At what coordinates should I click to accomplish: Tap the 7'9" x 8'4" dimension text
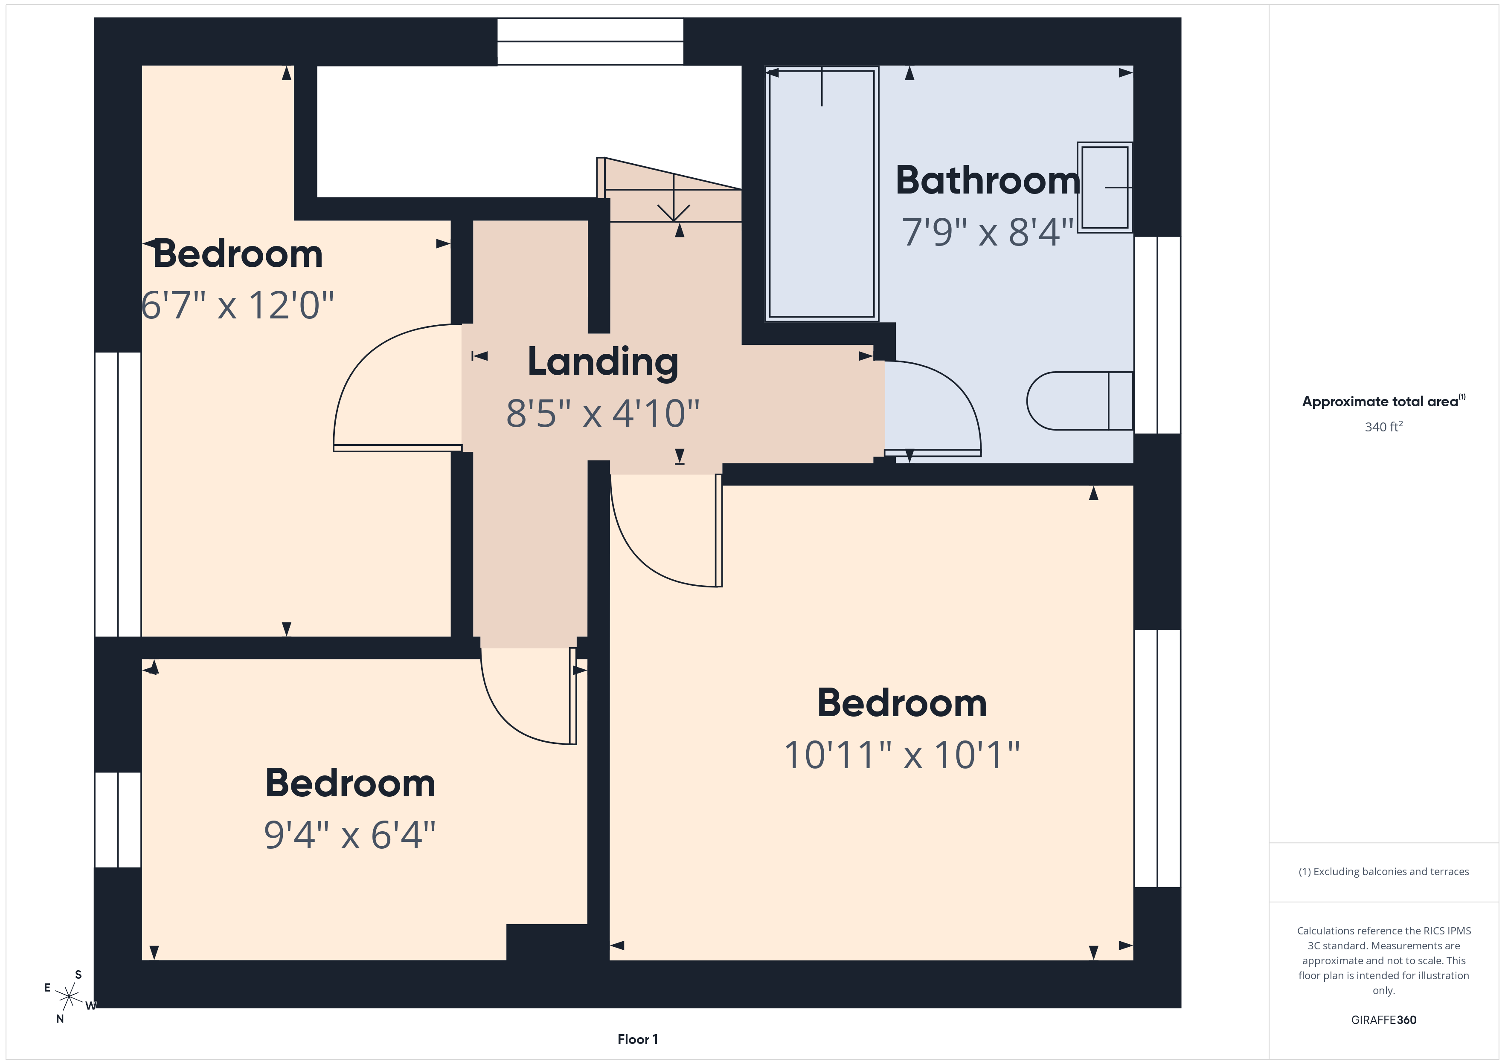coord(987,232)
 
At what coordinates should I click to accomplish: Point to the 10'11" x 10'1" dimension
coord(902,755)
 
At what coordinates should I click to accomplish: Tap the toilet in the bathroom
coord(1078,401)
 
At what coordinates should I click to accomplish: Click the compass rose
coord(69,997)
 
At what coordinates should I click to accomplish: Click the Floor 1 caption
coord(637,1039)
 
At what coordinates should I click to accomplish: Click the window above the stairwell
coord(590,42)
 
